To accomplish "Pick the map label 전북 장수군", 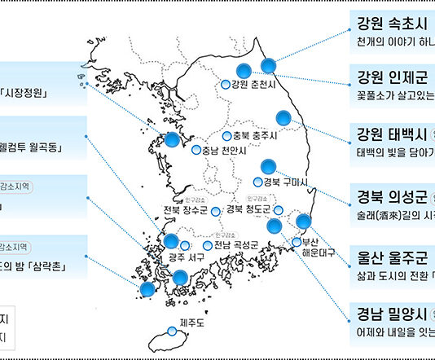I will [x=186, y=211].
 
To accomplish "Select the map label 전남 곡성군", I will [x=236, y=245].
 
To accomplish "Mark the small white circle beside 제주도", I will [x=171, y=331].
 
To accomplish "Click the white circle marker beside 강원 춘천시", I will [x=225, y=84].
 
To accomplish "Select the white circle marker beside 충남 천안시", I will [x=196, y=151].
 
